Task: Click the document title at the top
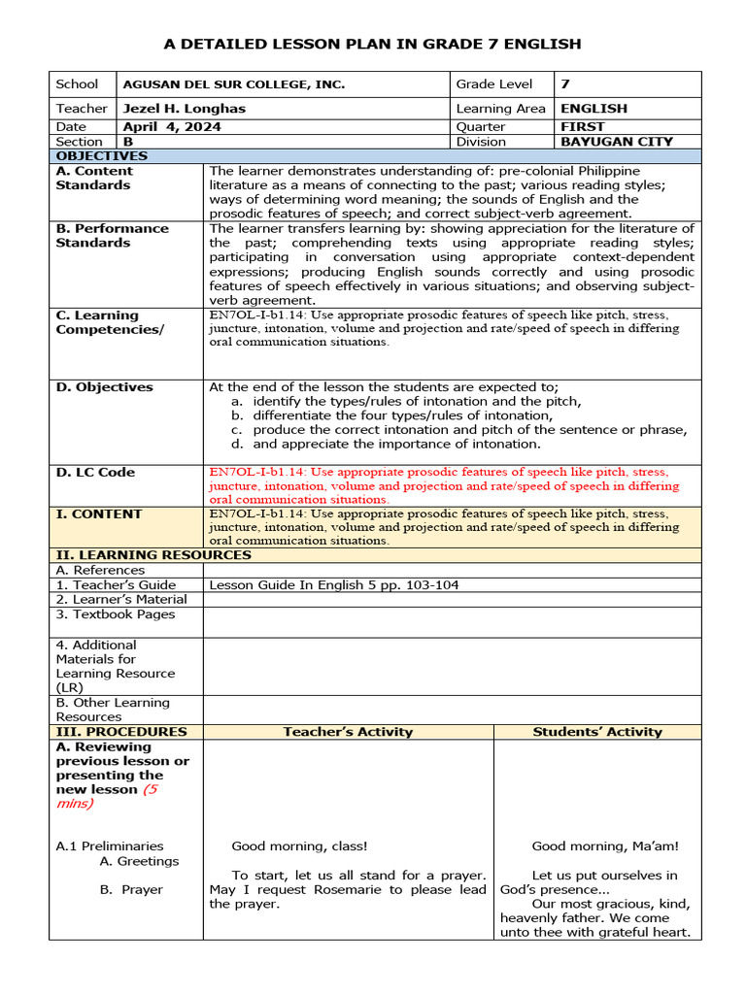(373, 44)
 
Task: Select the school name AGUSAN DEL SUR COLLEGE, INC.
(233, 84)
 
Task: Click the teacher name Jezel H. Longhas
(184, 109)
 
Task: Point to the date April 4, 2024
(171, 127)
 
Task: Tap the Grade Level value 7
(564, 84)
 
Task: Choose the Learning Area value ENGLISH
(593, 109)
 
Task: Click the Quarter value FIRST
(582, 127)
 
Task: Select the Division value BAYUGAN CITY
(616, 142)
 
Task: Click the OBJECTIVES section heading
(101, 156)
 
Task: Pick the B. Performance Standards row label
(112, 236)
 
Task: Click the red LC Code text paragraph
(444, 485)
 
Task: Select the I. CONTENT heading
(99, 514)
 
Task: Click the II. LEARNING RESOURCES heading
(153, 555)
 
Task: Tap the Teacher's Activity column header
(348, 732)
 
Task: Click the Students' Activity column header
(596, 732)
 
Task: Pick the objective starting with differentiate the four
(402, 415)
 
